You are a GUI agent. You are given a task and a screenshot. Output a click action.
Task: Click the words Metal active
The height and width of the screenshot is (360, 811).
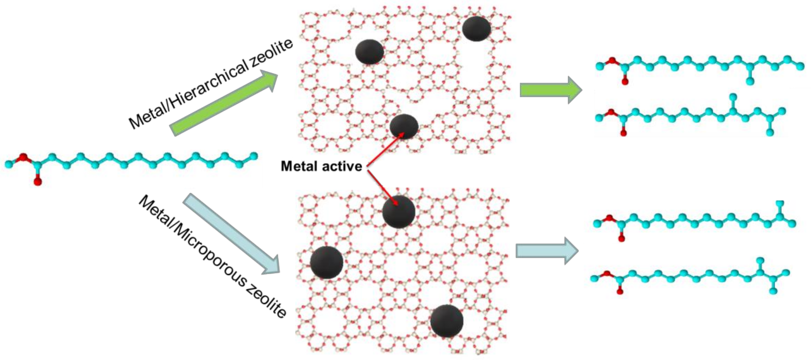321,166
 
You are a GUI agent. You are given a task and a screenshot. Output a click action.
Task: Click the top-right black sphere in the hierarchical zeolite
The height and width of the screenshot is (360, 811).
476,29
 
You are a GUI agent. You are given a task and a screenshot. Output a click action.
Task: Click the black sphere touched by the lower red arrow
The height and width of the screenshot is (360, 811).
399,212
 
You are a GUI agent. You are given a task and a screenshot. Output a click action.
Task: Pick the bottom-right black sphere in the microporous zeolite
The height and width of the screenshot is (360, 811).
447,321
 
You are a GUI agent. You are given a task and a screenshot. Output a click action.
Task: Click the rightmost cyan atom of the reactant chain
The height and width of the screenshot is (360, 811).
254,155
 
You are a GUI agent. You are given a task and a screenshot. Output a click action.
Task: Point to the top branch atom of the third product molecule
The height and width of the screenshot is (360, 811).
780,203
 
